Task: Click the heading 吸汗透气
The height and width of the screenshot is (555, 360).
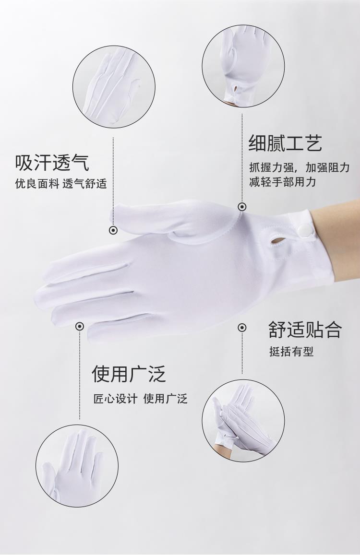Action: click(x=52, y=163)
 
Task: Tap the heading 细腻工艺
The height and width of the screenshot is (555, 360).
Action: click(x=285, y=143)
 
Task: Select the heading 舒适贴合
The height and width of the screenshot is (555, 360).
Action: click(x=305, y=330)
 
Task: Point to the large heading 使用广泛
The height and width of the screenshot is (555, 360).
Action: click(x=129, y=374)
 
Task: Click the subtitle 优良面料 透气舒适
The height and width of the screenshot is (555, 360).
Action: click(x=60, y=184)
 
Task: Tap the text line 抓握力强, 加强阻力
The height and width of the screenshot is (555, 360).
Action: click(x=300, y=167)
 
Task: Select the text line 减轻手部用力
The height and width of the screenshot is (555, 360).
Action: click(x=282, y=182)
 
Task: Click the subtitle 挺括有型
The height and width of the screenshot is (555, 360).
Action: click(x=291, y=352)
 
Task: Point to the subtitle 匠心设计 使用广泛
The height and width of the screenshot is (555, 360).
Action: click(x=140, y=399)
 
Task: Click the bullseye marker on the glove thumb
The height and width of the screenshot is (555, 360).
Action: click(x=113, y=230)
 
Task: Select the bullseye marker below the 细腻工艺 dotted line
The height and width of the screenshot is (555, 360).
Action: click(x=242, y=207)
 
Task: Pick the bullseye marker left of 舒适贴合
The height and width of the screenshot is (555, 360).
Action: click(x=242, y=328)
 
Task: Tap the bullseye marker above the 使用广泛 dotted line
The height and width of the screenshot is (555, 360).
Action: click(x=80, y=326)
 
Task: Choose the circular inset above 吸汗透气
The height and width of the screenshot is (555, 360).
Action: click(x=114, y=86)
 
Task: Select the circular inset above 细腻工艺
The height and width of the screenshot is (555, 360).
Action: click(x=243, y=66)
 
